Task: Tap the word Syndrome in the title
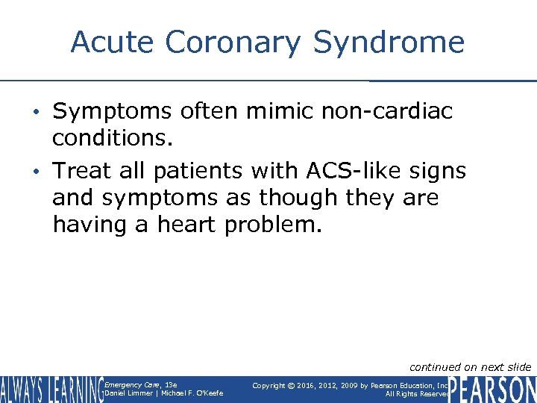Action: pos(389,43)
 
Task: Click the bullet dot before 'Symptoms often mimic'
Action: pos(42,112)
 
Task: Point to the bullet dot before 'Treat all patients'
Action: pos(42,172)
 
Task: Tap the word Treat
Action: pos(82,171)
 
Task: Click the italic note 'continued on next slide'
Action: pos(470,366)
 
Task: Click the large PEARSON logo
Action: pos(492,389)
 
